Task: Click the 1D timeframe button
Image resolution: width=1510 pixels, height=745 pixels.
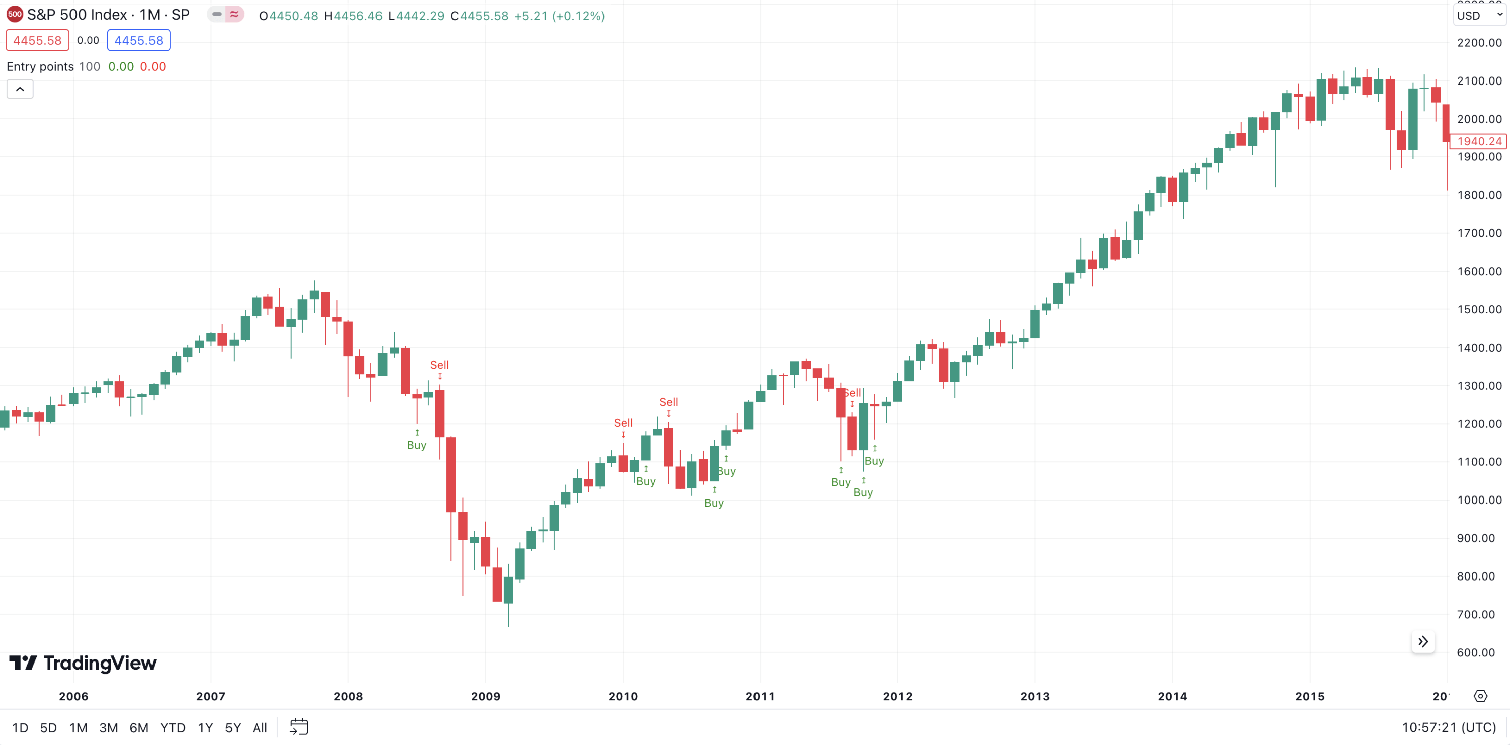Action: (20, 728)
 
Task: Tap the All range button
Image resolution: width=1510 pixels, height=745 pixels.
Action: (260, 728)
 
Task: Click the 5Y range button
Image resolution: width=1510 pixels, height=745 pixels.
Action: (233, 728)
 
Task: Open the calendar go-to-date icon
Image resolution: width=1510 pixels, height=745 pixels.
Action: (299, 727)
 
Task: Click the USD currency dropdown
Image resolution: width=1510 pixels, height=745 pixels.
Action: (1479, 16)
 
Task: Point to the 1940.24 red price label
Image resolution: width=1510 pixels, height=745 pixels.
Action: (1479, 141)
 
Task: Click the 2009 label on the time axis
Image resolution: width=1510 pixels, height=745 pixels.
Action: (485, 696)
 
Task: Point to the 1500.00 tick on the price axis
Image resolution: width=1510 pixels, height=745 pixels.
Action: (1479, 309)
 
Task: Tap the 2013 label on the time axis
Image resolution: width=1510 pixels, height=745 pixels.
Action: (1035, 696)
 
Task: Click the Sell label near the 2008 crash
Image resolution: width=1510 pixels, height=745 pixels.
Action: (439, 365)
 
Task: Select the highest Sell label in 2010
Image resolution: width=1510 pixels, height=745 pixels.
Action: (669, 402)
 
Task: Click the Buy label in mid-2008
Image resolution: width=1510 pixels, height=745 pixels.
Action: (417, 445)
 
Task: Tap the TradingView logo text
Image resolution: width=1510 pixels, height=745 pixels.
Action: (100, 663)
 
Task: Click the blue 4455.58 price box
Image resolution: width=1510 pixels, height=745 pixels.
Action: (138, 40)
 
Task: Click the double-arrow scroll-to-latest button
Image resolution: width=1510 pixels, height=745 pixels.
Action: (1422, 642)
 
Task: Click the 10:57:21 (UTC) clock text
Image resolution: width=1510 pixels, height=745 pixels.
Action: (1449, 728)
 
